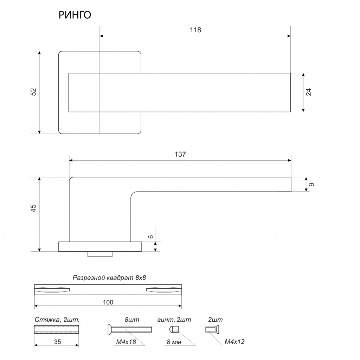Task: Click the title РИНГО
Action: click(x=75, y=15)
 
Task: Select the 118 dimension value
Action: click(x=195, y=30)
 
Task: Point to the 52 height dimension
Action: click(x=33, y=92)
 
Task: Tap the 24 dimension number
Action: click(x=309, y=92)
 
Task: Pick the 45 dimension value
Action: click(x=33, y=208)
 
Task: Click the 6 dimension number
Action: click(x=151, y=237)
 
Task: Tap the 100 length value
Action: click(x=108, y=302)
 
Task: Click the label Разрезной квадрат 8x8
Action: click(x=109, y=278)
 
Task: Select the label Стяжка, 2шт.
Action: click(x=57, y=320)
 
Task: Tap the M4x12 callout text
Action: click(x=234, y=341)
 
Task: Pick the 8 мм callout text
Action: click(x=174, y=341)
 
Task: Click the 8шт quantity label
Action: click(x=132, y=320)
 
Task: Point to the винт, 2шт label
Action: click(x=174, y=320)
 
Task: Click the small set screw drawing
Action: click(x=174, y=330)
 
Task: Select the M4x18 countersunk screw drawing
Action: click(x=129, y=329)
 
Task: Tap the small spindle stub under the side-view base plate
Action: click(x=100, y=254)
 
